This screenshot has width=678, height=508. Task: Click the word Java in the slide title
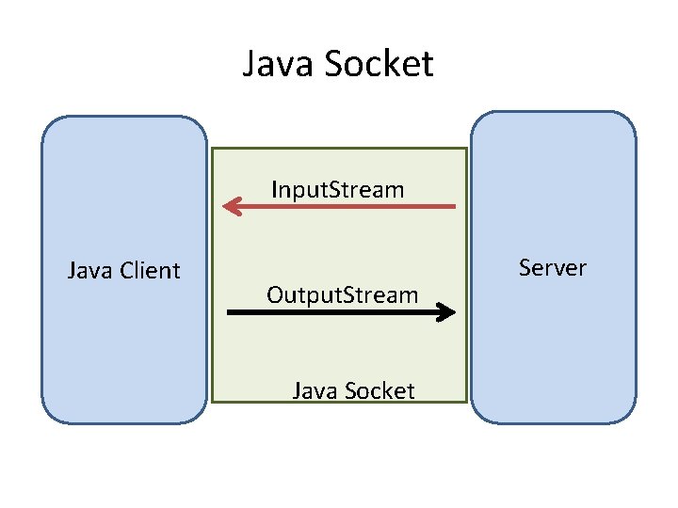[x=278, y=64]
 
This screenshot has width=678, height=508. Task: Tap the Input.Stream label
[x=337, y=189]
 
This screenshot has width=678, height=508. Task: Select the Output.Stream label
[x=342, y=294]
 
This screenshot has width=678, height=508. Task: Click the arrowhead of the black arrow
[x=448, y=313]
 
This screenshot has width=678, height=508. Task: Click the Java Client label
[x=123, y=271]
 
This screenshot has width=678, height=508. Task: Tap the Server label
[x=552, y=268]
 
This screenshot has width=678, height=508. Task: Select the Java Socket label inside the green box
[x=353, y=390]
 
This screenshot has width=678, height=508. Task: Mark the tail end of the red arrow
[x=454, y=206]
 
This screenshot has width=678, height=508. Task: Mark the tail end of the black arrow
[x=230, y=313]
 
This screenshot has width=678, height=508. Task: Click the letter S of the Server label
[x=525, y=268]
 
